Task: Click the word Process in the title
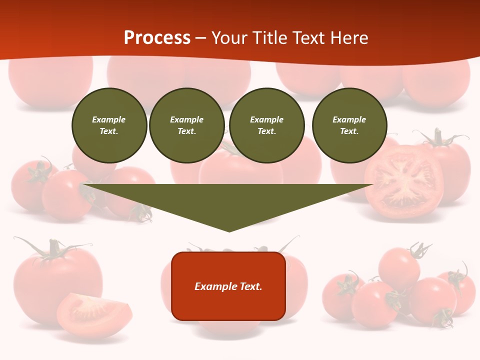(157, 38)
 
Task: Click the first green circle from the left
(109, 125)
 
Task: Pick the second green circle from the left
(186, 125)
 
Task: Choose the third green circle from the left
(266, 125)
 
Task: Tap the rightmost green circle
(349, 125)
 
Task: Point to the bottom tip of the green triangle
(229, 231)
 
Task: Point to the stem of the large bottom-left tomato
(53, 248)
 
